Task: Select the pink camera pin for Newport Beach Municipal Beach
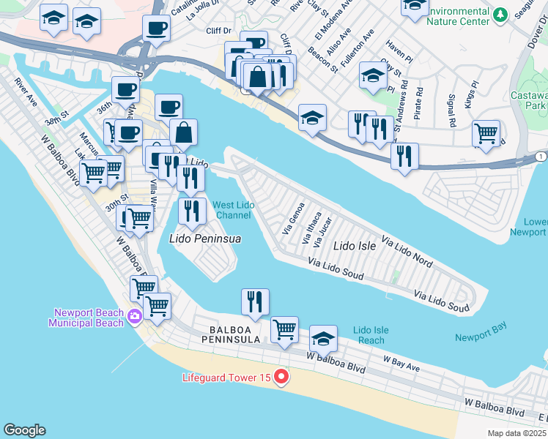[134, 316]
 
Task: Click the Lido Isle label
[355, 247]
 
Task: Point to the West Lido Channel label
[234, 211]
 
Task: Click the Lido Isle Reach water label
[371, 335]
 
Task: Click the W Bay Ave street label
[401, 359]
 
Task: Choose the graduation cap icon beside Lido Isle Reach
[323, 338]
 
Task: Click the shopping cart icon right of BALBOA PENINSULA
[284, 329]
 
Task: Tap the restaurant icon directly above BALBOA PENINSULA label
[255, 301]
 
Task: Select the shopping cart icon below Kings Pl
[486, 134]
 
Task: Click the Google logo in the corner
[24, 430]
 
